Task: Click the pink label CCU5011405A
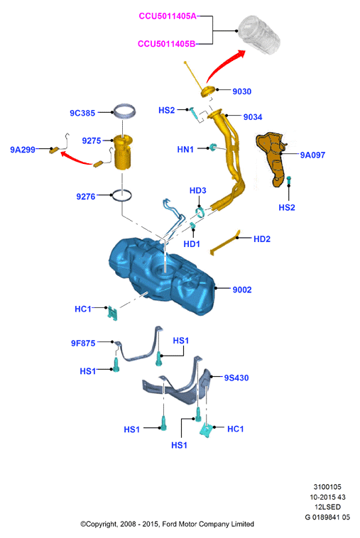click(x=168, y=16)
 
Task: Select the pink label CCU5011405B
click(x=167, y=44)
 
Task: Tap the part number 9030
click(x=242, y=92)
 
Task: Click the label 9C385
click(x=82, y=113)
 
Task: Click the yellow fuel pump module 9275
click(x=123, y=152)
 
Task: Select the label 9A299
click(x=23, y=150)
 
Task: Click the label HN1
click(x=185, y=150)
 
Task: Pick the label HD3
click(x=198, y=190)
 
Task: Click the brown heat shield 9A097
click(x=272, y=156)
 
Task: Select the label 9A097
click(x=312, y=155)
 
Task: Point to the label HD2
click(x=262, y=239)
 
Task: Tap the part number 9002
click(x=242, y=290)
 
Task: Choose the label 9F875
click(x=83, y=343)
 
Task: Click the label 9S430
click(x=236, y=378)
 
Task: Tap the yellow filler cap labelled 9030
click(x=208, y=92)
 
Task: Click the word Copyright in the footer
click(x=101, y=525)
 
